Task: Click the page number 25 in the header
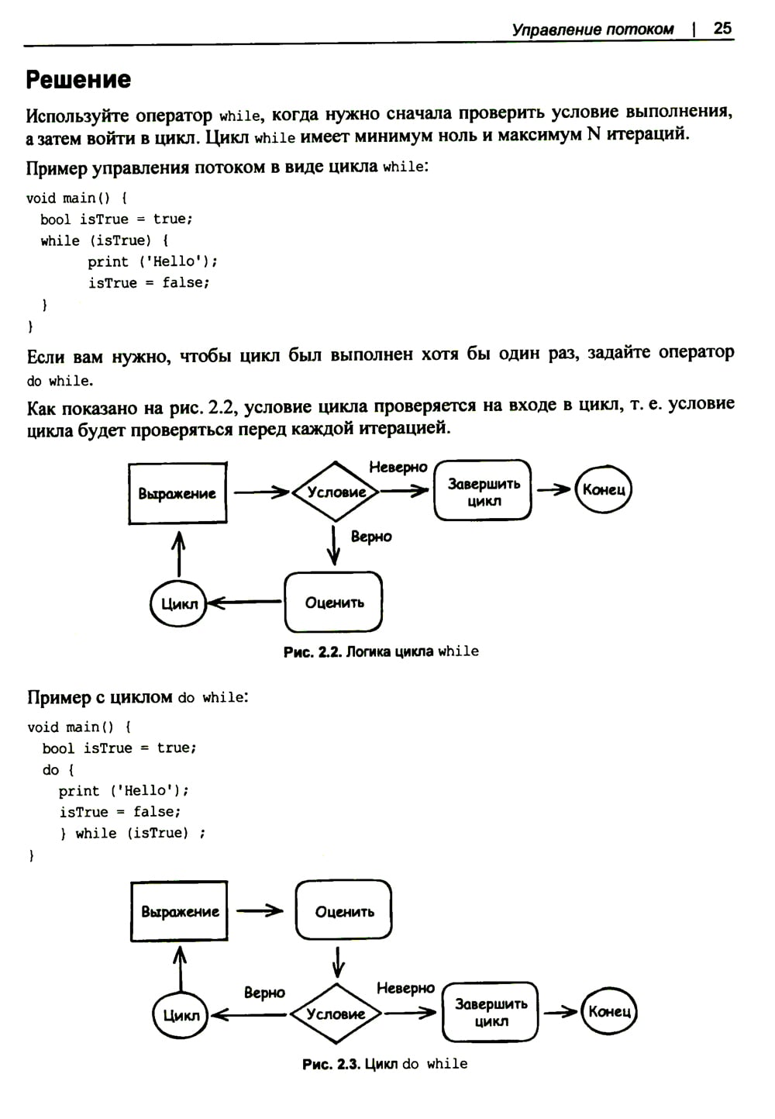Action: [722, 29]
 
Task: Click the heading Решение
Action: [78, 80]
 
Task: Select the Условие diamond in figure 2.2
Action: [336, 492]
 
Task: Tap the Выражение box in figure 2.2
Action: [177, 493]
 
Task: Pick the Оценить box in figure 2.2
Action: [334, 603]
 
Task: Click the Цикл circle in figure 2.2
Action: [179, 603]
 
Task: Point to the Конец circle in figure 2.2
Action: [604, 489]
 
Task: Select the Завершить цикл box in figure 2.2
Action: [484, 492]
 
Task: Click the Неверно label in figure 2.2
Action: [398, 467]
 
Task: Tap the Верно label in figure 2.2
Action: [371, 537]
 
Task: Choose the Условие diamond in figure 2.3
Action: [336, 1014]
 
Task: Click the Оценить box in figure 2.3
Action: [344, 912]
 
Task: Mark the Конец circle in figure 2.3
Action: [610, 1011]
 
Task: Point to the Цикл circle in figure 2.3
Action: [181, 1015]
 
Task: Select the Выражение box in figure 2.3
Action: [180, 912]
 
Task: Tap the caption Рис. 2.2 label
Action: [312, 652]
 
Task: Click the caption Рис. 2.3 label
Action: [331, 1065]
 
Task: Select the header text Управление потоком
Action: [593, 29]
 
